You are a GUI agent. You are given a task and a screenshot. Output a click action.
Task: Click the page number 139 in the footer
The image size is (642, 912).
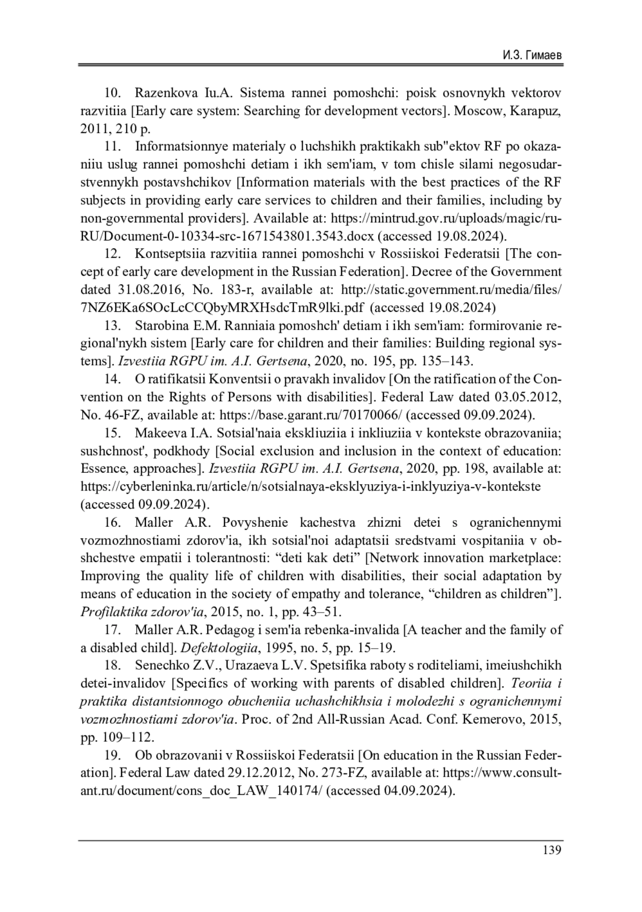coord(552,850)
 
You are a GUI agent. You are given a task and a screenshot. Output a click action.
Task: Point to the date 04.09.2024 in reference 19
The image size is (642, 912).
coord(417,791)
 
